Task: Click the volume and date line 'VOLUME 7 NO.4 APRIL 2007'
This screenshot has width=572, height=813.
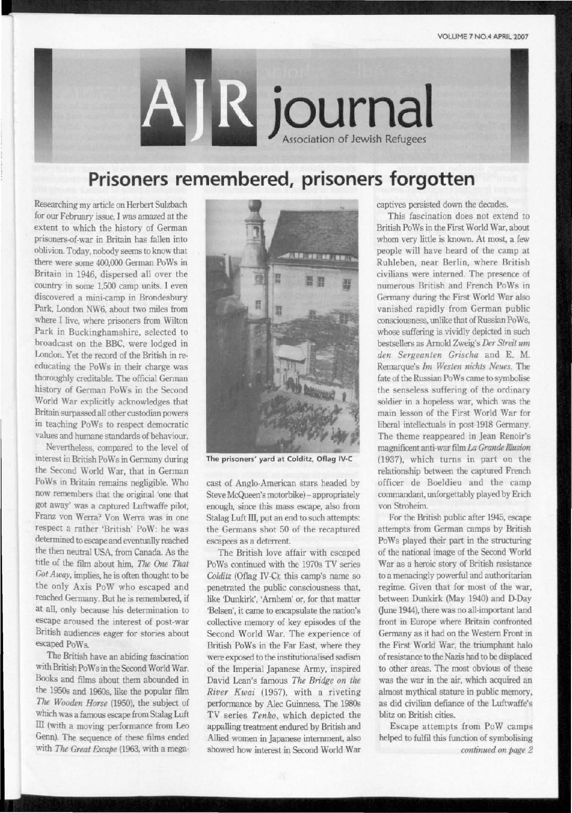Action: (x=483, y=36)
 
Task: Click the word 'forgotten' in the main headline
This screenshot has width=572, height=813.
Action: (x=429, y=180)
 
